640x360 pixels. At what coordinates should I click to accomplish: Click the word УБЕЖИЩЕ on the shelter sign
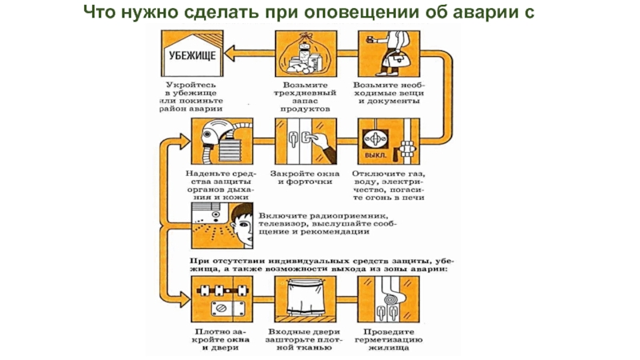[191, 55]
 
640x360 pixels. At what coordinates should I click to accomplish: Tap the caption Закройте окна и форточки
[303, 178]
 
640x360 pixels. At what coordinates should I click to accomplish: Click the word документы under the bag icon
[390, 102]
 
